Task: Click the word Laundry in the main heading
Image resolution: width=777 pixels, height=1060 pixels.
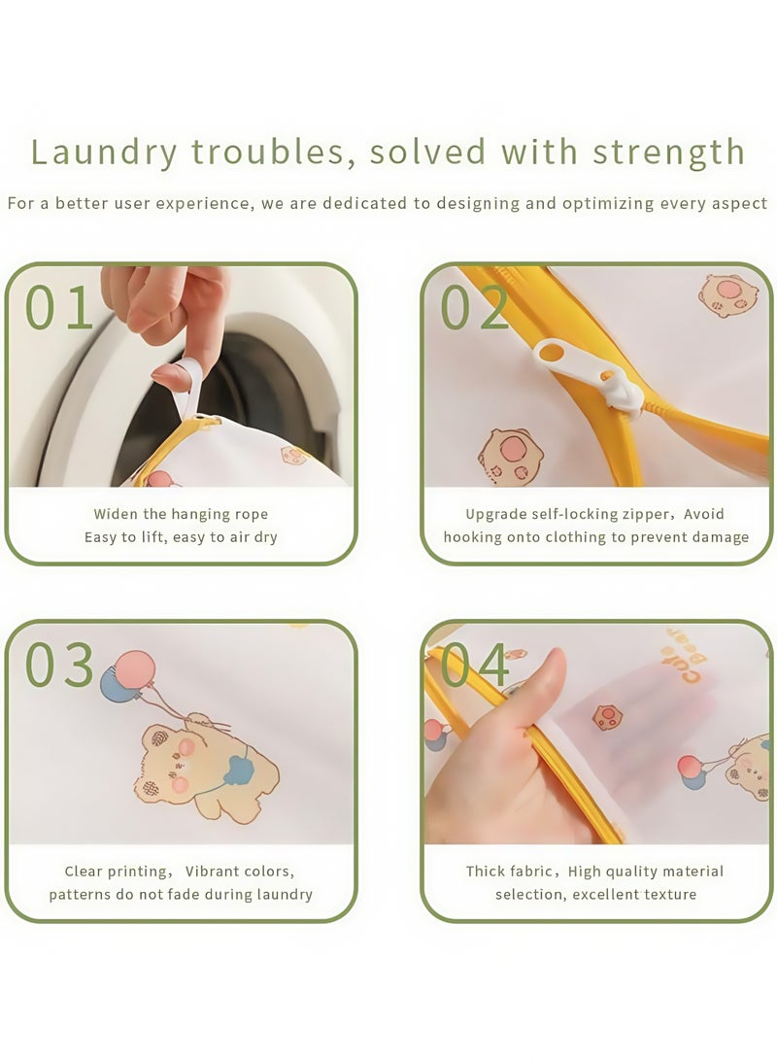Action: coord(103,152)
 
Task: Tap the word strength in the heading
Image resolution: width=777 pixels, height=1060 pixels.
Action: coord(669,152)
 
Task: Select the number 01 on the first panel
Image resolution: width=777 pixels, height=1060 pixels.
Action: coord(59,308)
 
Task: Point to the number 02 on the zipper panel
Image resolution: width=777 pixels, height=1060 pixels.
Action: coord(474,308)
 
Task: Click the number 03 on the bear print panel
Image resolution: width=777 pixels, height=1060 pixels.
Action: coord(59,665)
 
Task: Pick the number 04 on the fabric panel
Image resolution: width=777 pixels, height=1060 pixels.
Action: coord(475,665)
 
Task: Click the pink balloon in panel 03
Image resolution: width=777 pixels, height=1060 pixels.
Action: coord(135,669)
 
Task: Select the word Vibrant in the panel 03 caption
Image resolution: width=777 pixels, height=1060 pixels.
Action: coord(211,871)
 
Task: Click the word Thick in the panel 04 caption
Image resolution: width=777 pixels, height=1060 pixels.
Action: coord(485,871)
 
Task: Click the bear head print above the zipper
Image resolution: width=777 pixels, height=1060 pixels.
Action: coord(727,295)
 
